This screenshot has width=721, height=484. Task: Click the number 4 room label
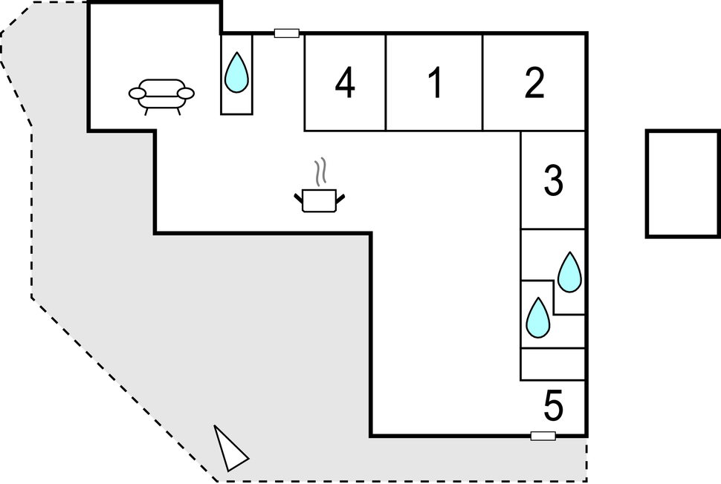pos(344,83)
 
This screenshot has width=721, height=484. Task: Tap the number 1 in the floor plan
pos(436,83)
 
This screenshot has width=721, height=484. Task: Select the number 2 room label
pos(534,83)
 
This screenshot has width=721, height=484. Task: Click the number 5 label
pos(554,406)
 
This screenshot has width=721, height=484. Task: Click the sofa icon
pos(161,95)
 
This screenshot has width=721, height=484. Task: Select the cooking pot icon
pos(320,200)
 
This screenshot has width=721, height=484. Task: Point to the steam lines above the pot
pos(321,172)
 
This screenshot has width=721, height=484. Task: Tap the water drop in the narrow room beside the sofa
pos(236,73)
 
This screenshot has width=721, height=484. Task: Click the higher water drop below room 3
pos(569,272)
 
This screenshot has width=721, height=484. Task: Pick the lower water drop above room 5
pos(537,318)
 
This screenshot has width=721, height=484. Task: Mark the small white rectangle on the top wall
pos(287,33)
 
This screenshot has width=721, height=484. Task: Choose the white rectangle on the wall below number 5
pos(543,436)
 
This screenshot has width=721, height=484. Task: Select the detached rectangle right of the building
pos(682,184)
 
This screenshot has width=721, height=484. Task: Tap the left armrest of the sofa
pos(138,94)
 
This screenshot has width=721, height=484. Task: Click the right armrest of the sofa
pos(185,93)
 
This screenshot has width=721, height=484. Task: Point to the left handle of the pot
pos(299,197)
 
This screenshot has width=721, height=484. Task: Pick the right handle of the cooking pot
pos(341,197)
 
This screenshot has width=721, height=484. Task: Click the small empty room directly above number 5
pos(553,364)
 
